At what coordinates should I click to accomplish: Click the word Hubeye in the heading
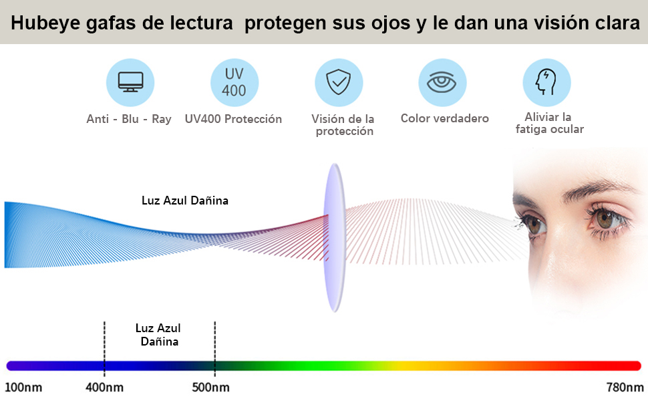click(43, 23)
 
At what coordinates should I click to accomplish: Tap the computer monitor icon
click(130, 83)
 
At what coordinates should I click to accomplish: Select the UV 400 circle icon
click(234, 83)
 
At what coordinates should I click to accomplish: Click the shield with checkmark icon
click(338, 83)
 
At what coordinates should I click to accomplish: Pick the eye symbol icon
click(442, 83)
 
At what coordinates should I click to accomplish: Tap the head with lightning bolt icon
click(546, 83)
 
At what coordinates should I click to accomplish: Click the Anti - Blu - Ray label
click(129, 119)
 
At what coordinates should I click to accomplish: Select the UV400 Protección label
click(233, 119)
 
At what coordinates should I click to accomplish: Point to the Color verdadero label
click(444, 118)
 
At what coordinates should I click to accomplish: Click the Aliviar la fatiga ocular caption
click(549, 124)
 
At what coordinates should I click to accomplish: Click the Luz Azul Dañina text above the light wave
click(185, 200)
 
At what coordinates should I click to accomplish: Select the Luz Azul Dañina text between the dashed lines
click(158, 334)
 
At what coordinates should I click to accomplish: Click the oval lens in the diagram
click(333, 237)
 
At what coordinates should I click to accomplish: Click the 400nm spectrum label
click(104, 388)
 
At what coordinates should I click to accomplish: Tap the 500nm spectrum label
click(212, 388)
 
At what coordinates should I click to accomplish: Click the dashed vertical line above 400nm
click(104, 341)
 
